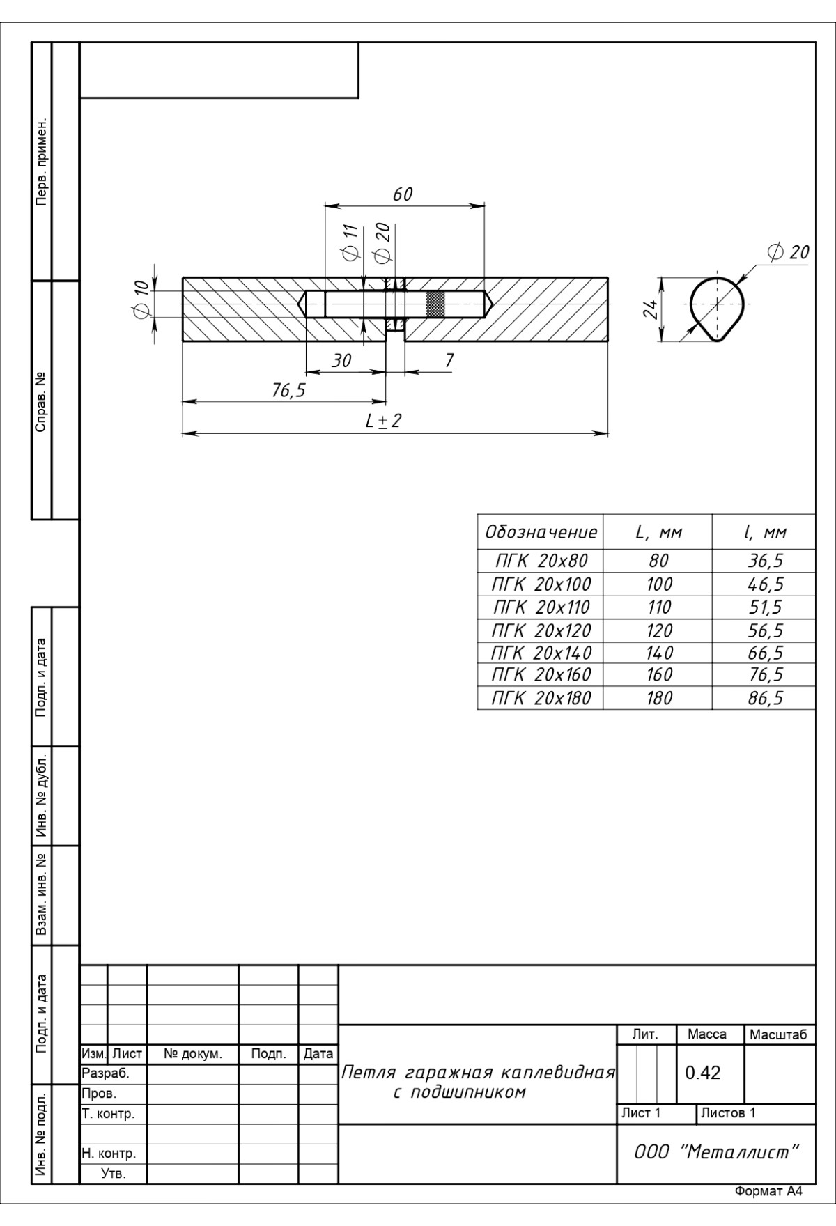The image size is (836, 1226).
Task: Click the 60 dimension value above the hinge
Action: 403,194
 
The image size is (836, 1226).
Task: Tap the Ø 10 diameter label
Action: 141,300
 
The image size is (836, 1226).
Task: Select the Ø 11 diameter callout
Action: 350,244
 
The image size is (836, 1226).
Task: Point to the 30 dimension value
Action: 341,360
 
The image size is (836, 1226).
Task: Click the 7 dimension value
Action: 449,360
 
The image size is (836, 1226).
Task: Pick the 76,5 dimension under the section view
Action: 288,390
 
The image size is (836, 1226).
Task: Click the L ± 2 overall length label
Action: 384,421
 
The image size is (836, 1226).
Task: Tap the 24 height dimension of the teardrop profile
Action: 651,309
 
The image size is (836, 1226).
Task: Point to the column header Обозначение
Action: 541,533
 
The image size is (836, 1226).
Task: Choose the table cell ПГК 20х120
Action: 541,630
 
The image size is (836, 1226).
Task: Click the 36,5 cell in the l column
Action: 766,561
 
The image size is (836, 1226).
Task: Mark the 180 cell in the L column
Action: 659,698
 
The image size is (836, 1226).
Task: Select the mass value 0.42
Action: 702,1073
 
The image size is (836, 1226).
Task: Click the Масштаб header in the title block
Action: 778,1035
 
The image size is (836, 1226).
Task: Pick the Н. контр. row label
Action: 109,1154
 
